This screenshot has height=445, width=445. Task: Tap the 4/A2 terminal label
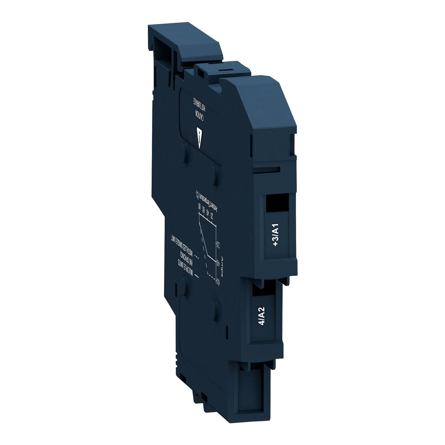click(x=262, y=316)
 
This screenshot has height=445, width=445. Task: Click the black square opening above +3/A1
click(x=277, y=203)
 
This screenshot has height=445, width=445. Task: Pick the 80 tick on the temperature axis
click(x=200, y=206)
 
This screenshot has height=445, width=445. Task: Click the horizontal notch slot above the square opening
click(x=268, y=170)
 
